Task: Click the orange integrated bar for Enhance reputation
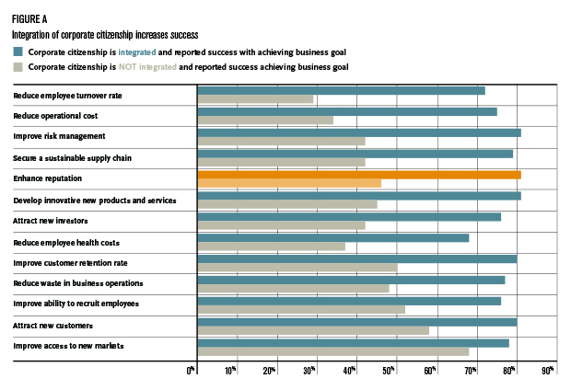pos(359,174)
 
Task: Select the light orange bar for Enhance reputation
pos(289,183)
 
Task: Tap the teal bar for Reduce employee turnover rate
pos(341,90)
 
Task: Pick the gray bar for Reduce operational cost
pos(265,120)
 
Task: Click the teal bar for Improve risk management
pos(359,132)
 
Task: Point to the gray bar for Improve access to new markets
pos(333,351)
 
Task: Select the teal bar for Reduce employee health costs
pos(333,237)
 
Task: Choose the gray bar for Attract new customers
pos(313,330)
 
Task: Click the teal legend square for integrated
pos(17,52)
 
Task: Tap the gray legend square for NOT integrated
pos(17,67)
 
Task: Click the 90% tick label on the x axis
pos(549,370)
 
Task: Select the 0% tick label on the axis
pos(192,370)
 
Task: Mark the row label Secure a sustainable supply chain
pos(72,158)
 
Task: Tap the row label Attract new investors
pos(52,221)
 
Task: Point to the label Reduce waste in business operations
pos(78,283)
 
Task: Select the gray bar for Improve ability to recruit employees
pos(301,309)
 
